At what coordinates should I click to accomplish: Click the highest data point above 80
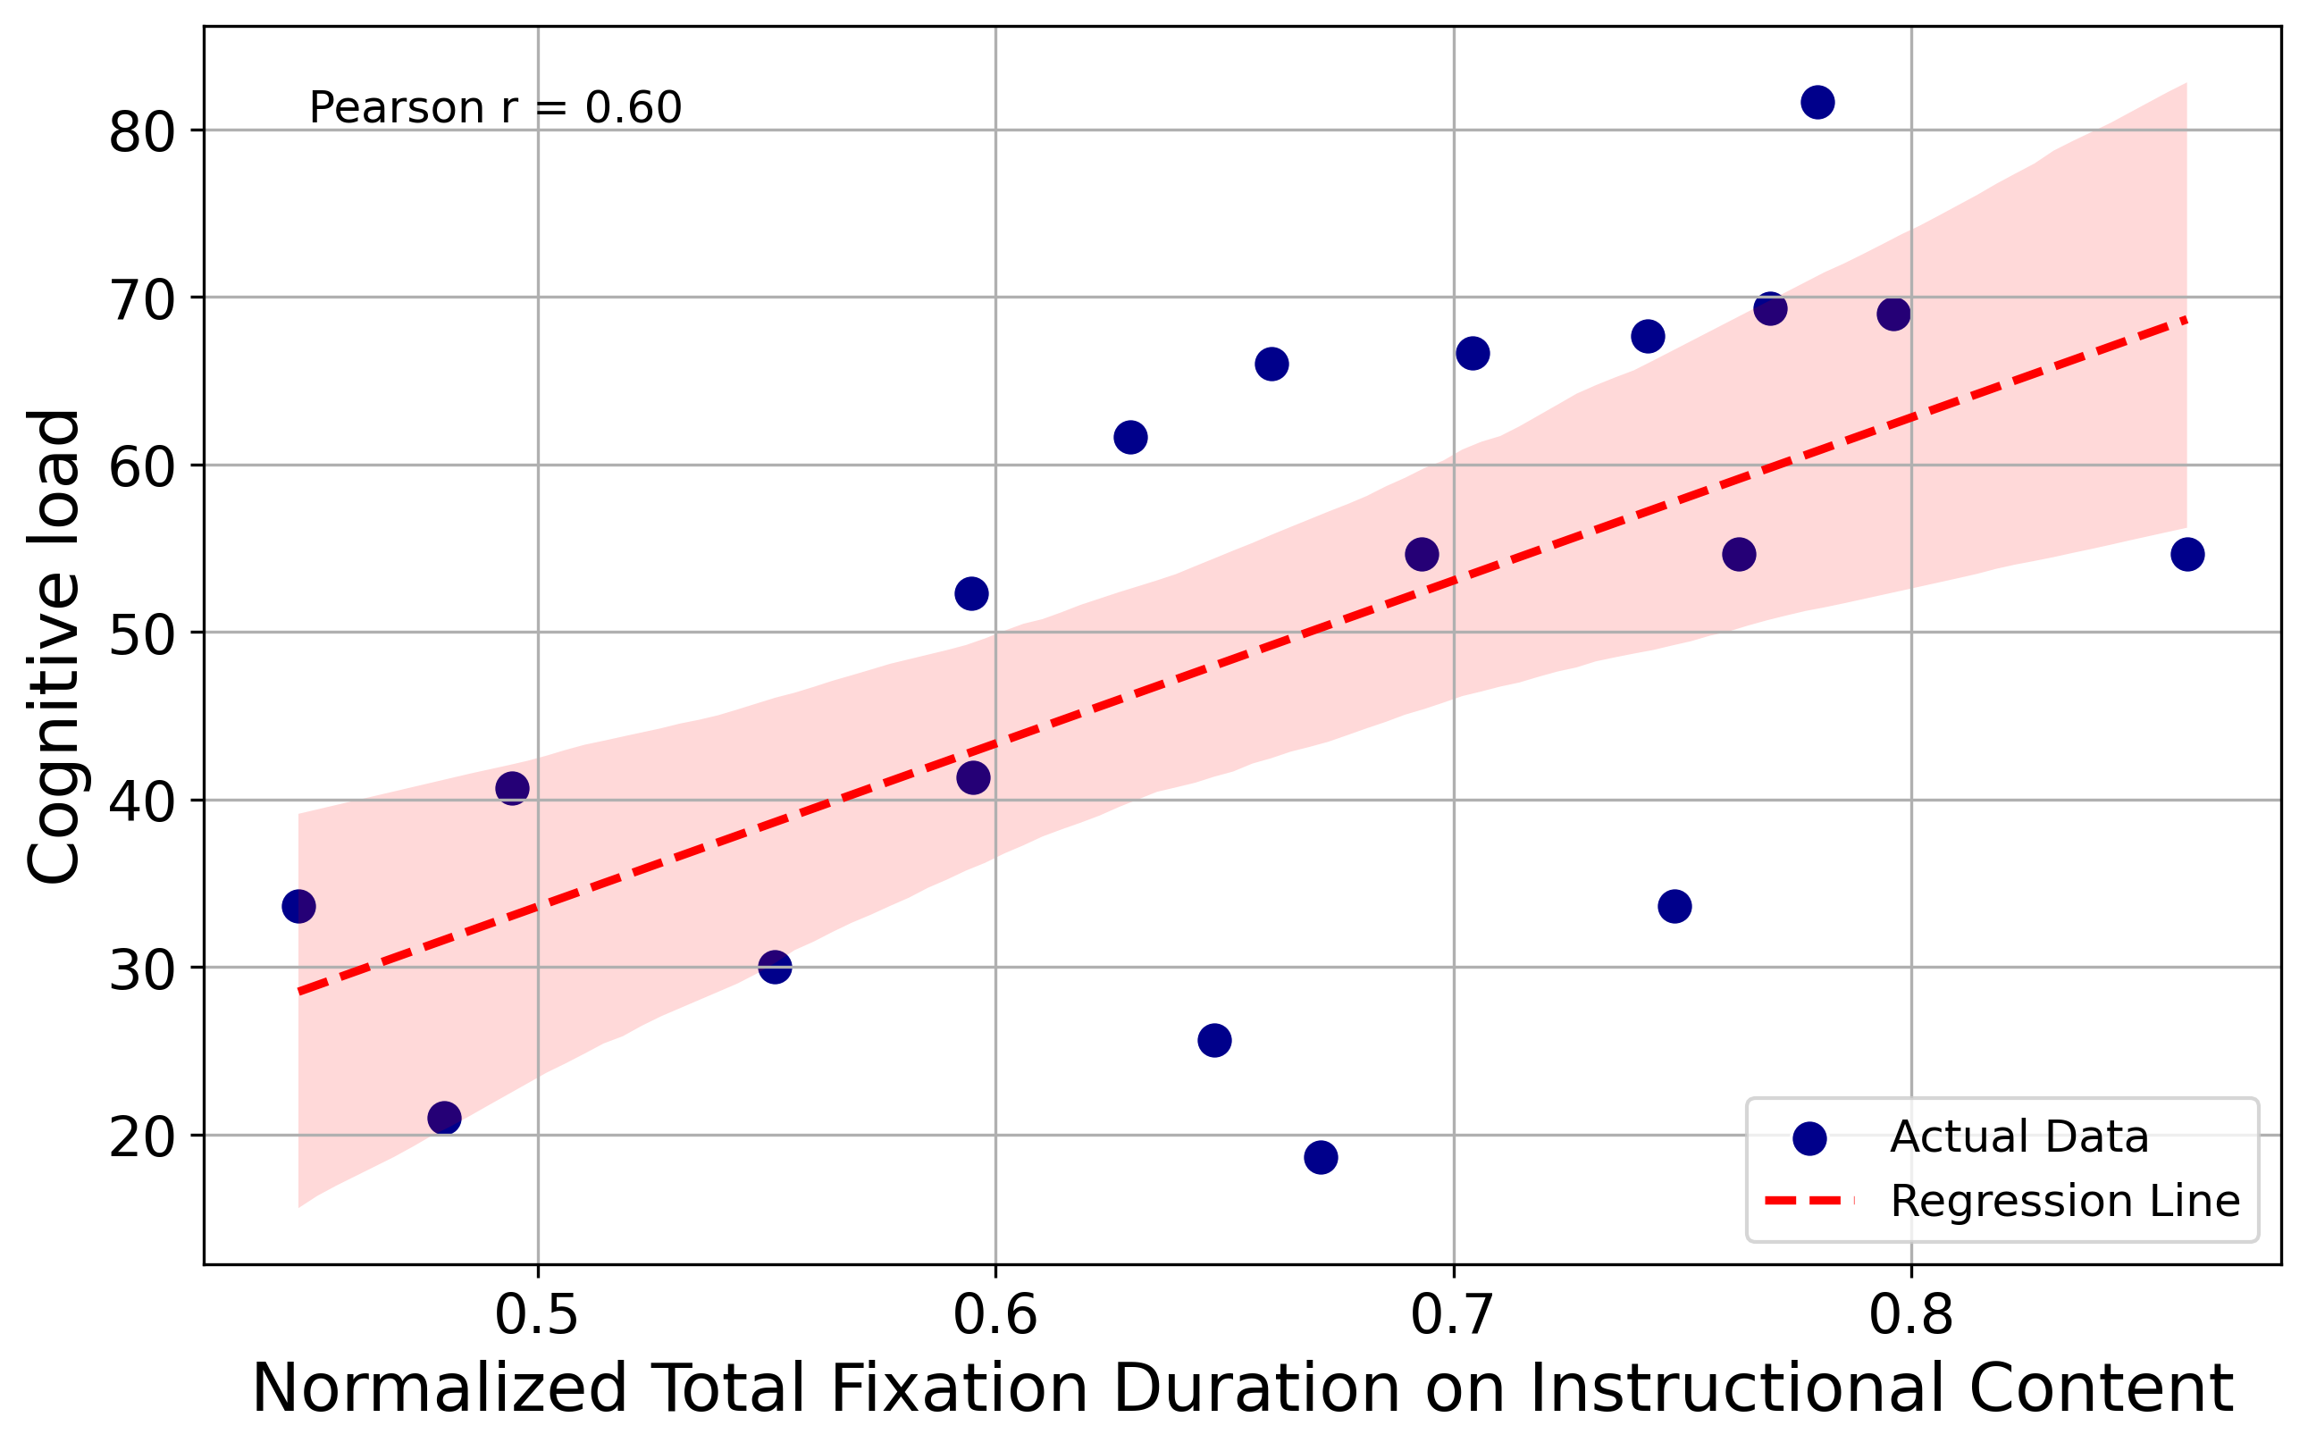click(1817, 103)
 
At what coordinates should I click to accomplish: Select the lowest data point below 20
click(1321, 1158)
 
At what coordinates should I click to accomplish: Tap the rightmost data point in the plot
click(2187, 554)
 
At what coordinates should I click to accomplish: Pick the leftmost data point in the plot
click(299, 906)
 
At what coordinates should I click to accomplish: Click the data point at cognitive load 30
click(775, 967)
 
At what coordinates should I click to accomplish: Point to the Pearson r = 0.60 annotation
click(495, 107)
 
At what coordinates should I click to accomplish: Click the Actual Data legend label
click(2018, 1137)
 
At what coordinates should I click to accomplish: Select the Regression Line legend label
click(2065, 1201)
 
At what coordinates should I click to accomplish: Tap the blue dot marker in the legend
click(1809, 1137)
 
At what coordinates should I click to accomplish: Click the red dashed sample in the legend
click(1809, 1201)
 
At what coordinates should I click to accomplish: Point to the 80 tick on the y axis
click(143, 132)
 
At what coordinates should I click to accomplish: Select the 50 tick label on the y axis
click(143, 634)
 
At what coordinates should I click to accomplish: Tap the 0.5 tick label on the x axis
click(537, 1315)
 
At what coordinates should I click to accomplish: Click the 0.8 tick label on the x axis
click(1911, 1315)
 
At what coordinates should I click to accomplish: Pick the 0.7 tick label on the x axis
click(1453, 1315)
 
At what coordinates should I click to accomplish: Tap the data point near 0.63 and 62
click(1131, 437)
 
